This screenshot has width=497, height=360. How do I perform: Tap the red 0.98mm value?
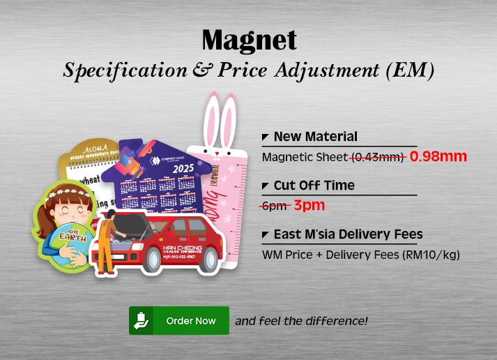(438, 156)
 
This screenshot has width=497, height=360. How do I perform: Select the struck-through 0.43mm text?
(379, 157)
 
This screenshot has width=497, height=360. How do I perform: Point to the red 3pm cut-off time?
(309, 205)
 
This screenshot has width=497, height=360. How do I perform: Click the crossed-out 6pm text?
(274, 205)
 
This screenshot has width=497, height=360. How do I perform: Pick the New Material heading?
(315, 137)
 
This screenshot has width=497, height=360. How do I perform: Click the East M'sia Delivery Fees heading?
(348, 234)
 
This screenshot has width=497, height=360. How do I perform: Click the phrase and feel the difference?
(301, 321)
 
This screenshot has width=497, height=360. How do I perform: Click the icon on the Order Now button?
(142, 320)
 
